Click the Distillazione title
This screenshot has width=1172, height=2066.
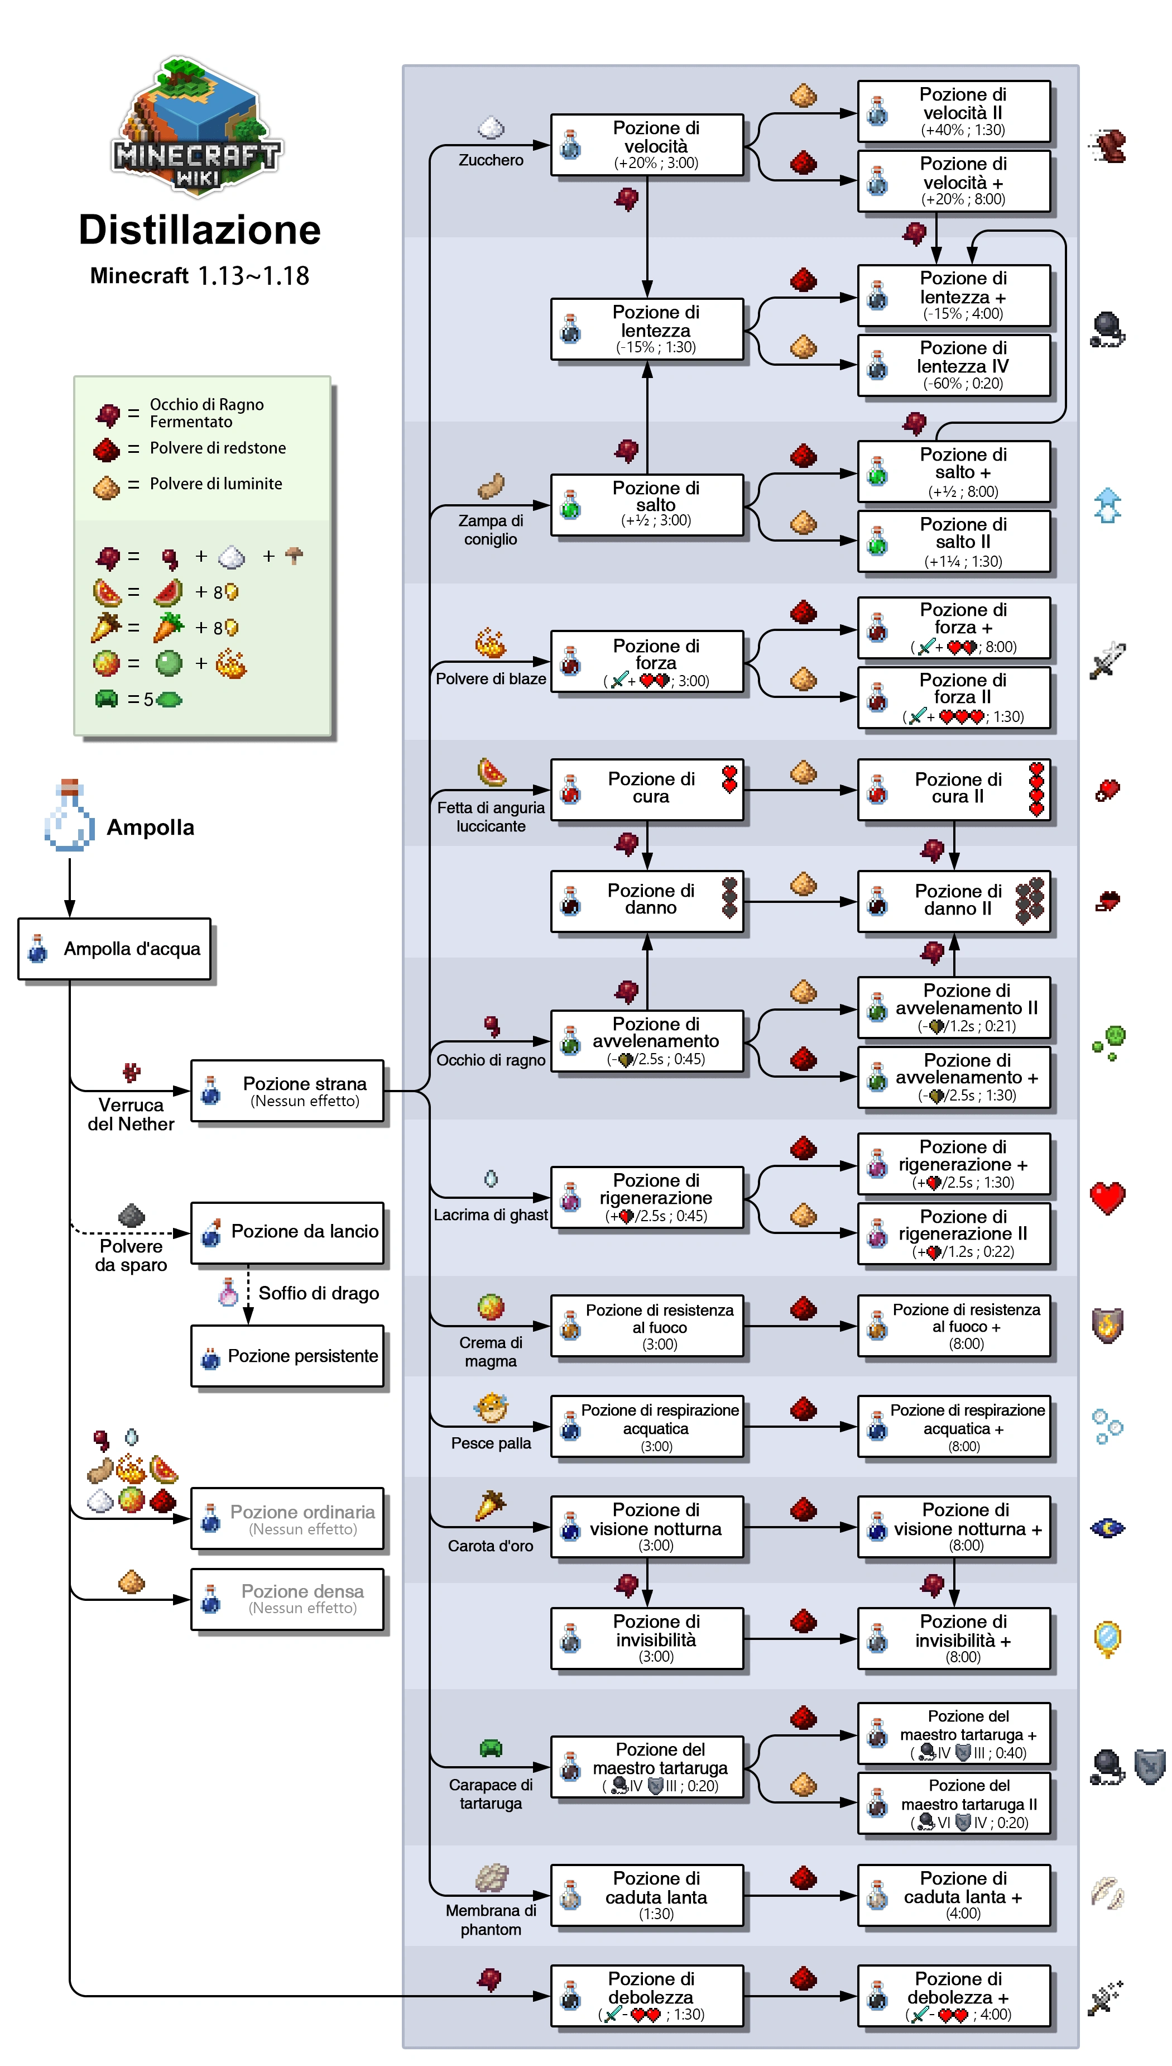coord(200,230)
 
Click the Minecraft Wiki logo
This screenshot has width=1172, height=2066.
coord(196,125)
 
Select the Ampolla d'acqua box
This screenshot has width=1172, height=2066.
coord(114,949)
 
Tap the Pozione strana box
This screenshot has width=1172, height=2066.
coord(287,1091)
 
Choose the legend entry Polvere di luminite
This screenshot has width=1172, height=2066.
coord(216,484)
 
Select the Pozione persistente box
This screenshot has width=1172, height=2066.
coord(287,1356)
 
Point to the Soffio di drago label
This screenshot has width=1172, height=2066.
coord(318,1293)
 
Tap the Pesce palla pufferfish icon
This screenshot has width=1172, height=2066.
coord(491,1407)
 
